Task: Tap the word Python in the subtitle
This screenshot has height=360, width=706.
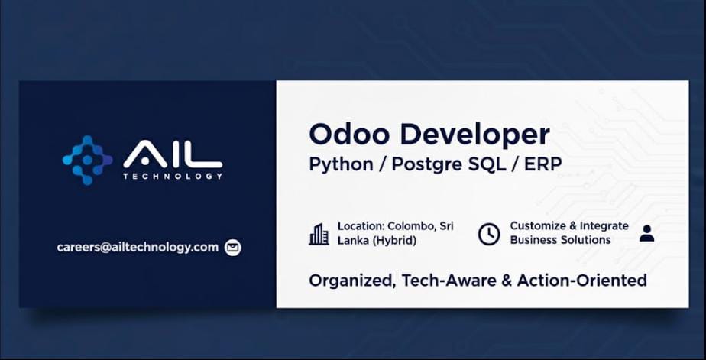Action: point(342,165)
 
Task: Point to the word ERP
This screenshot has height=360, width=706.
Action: point(543,164)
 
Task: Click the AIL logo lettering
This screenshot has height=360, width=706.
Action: point(173,154)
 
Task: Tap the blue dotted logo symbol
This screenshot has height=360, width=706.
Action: point(87,160)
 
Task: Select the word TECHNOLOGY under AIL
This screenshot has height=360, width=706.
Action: point(173,176)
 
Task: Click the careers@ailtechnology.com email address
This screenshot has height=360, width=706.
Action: point(138,248)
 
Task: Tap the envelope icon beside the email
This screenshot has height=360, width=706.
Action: point(233,248)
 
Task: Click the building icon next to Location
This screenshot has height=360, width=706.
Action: point(319,235)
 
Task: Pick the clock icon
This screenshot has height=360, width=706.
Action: point(488,235)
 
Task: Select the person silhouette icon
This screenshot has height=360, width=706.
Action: point(646,233)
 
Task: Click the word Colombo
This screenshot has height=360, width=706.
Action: point(412,226)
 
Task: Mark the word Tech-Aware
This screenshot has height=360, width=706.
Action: point(449,281)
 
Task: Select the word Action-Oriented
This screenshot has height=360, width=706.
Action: point(581,281)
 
